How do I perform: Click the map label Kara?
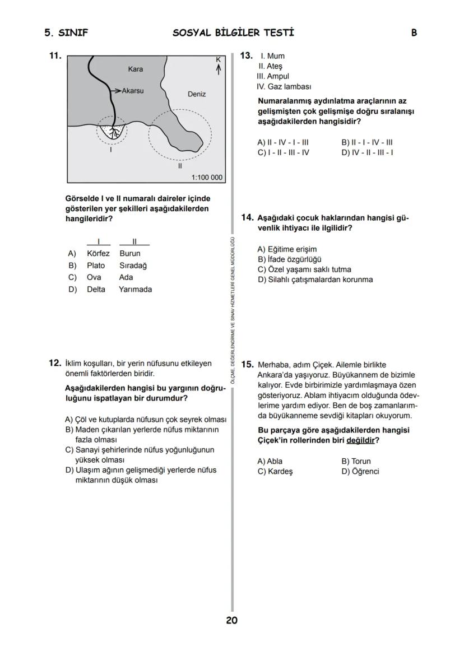[136, 69]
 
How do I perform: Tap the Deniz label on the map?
[197, 94]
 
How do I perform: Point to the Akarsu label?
[133, 90]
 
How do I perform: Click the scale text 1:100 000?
[207, 178]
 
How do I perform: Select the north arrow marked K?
[219, 65]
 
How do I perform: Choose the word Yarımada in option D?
[135, 290]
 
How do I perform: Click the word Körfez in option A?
[99, 254]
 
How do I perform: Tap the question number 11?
[55, 55]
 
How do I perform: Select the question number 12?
[55, 363]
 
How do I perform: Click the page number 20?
[232, 620]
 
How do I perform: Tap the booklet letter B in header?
[414, 33]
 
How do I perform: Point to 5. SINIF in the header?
[66, 33]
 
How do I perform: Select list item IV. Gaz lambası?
[284, 87]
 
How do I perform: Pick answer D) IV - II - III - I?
[367, 152]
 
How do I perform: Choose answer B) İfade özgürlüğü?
[289, 259]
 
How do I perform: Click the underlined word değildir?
[360, 440]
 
